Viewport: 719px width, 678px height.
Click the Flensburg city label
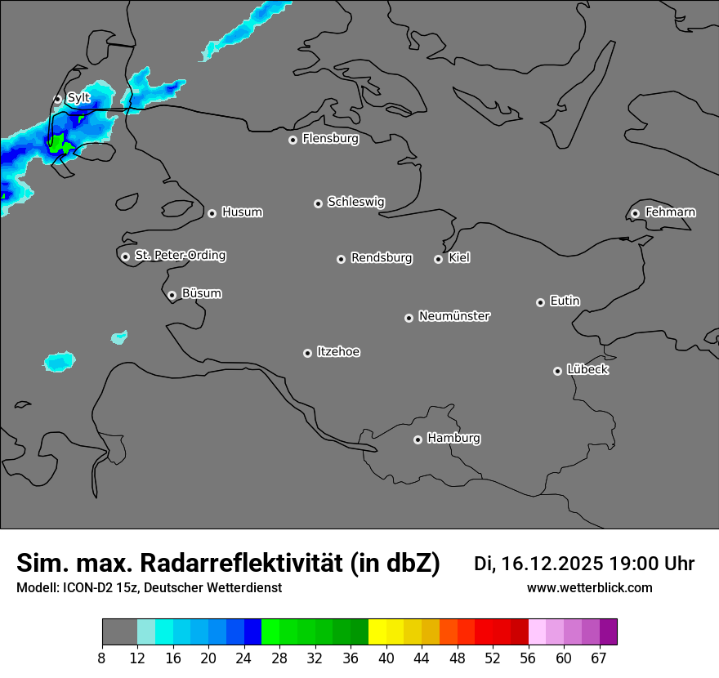coord(330,139)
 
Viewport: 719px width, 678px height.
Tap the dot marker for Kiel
coord(438,259)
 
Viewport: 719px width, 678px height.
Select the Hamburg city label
coord(453,439)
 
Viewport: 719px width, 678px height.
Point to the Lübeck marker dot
coord(557,371)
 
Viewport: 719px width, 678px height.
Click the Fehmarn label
coord(670,212)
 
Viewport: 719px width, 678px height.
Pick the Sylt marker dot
coord(57,99)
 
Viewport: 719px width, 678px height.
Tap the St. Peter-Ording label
coord(180,256)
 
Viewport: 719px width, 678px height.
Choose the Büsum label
coord(201,293)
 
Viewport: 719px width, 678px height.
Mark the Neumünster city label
coord(454,316)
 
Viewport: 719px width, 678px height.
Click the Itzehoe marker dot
coord(307,353)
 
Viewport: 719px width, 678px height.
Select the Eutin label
coord(565,301)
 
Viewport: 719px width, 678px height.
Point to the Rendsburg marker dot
coord(341,259)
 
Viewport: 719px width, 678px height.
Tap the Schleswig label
coord(355,202)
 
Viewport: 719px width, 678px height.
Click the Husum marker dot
coord(212,213)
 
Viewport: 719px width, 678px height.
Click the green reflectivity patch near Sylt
coord(58,145)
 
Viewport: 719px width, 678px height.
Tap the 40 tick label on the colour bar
coord(386,658)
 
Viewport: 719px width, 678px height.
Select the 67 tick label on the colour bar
coord(599,658)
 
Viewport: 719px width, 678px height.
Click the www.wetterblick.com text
coord(589,588)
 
